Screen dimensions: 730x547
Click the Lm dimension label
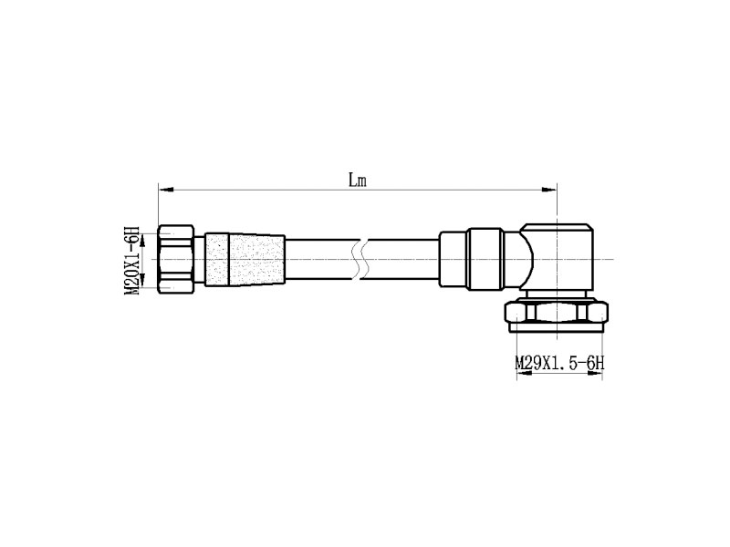click(358, 180)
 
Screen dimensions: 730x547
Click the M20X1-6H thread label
click(131, 260)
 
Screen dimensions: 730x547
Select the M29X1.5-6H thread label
click(559, 363)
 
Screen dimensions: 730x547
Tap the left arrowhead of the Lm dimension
click(166, 190)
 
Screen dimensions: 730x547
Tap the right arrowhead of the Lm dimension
click(549, 190)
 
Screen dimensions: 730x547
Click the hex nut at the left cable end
click(176, 259)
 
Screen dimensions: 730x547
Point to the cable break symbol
click(361, 260)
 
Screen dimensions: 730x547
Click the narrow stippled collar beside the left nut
click(216, 259)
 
